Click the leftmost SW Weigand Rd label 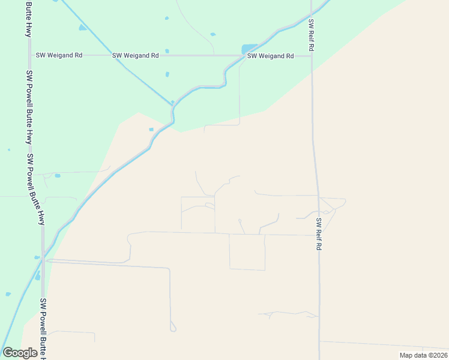[x=59, y=55]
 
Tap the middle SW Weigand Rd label [x=135, y=55]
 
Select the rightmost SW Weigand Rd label [x=270, y=56]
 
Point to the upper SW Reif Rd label [x=312, y=35]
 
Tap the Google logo [x=20, y=353]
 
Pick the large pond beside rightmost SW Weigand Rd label [x=249, y=49]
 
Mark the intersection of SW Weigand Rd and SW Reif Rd [x=312, y=56]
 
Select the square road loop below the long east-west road [x=247, y=252]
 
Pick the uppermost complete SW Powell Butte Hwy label [x=29, y=107]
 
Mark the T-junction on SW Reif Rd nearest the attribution [x=319, y=341]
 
